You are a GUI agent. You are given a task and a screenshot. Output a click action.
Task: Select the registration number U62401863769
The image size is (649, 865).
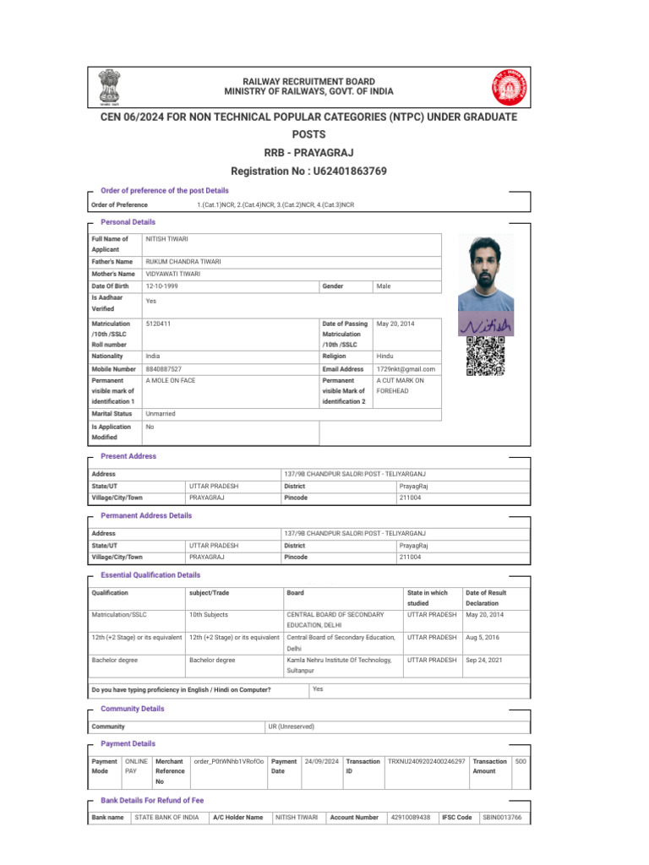coord(351,171)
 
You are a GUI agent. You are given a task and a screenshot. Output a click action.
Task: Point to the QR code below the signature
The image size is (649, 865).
coord(485,355)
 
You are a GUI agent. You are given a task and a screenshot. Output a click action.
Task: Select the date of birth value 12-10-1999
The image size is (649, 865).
coord(161,286)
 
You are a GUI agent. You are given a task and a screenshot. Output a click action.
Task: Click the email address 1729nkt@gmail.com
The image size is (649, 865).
coord(406,369)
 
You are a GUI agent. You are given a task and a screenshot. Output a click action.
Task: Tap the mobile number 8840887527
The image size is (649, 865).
coord(164,369)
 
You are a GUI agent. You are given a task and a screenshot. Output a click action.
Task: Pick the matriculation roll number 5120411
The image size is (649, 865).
coord(158,324)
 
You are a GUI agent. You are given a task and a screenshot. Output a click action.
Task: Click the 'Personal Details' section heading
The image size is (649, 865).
coord(128,221)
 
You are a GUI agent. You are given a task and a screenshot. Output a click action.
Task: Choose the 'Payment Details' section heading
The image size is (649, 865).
coord(128,743)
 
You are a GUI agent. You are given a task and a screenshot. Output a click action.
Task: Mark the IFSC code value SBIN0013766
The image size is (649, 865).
coord(502,817)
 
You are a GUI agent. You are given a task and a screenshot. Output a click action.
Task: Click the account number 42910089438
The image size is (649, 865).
coord(411,817)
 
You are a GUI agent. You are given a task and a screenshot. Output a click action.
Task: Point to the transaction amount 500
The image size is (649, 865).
coord(521,761)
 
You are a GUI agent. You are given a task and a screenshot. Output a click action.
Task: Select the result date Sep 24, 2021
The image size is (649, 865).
coord(487,660)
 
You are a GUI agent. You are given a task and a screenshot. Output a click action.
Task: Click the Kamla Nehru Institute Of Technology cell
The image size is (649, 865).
coord(340,665)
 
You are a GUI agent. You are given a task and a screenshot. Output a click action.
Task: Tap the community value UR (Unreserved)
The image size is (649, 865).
coord(291,726)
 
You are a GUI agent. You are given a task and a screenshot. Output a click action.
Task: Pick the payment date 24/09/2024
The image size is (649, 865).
coord(321,761)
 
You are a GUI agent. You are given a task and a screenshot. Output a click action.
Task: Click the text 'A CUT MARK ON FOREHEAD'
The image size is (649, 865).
coord(401,386)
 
